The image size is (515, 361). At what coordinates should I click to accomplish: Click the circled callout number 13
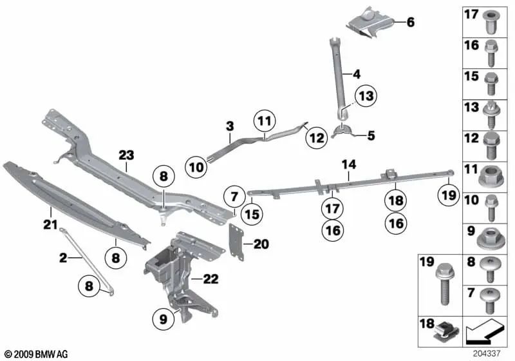[365, 97]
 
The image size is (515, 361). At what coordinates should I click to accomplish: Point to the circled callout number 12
[316, 137]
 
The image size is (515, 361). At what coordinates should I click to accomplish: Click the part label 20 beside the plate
[261, 244]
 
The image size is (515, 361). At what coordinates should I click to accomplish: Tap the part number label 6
[410, 23]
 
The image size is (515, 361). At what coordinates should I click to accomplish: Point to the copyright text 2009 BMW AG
[36, 354]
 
